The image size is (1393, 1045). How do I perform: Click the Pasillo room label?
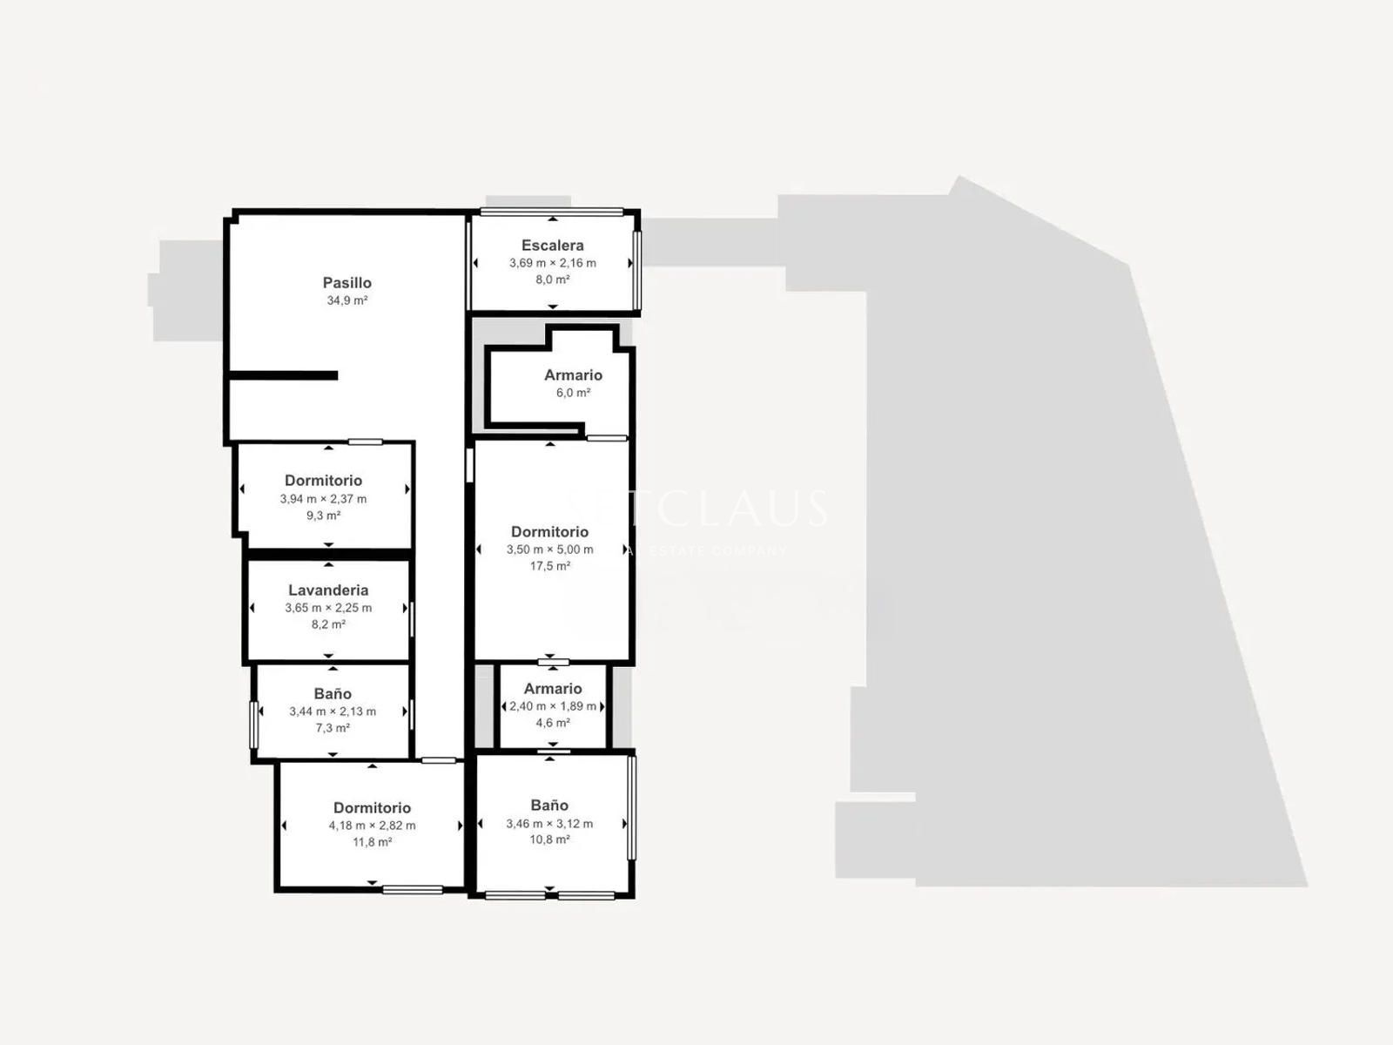[x=347, y=282]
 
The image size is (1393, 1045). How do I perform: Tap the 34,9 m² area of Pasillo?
[x=347, y=300]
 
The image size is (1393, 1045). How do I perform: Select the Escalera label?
[x=552, y=246]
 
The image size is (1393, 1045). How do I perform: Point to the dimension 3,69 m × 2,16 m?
[x=552, y=263]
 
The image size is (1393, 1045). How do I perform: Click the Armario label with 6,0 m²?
[x=573, y=375]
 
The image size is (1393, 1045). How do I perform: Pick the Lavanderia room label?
[x=328, y=590]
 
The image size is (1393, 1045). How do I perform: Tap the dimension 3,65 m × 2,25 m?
[x=328, y=608]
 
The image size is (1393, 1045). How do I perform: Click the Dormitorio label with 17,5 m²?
[x=549, y=532]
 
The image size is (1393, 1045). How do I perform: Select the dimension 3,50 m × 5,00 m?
[x=549, y=549]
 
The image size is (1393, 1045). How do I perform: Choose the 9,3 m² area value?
[x=323, y=516]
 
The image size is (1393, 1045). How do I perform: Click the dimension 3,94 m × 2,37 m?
[x=323, y=499]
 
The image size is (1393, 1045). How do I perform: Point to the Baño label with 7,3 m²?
[x=333, y=694]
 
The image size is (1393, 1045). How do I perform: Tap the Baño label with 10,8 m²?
[x=549, y=806]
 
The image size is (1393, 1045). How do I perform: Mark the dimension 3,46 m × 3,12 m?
[x=549, y=824]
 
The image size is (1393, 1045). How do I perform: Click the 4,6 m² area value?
[x=553, y=723]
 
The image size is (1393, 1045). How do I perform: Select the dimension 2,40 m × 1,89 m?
[x=553, y=706]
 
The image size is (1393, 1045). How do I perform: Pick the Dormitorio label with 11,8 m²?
[x=372, y=808]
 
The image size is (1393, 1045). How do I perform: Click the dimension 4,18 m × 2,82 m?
[x=372, y=826]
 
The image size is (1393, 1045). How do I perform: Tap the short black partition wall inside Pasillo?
[x=283, y=375]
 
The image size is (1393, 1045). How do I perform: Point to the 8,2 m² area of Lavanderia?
[x=328, y=624]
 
